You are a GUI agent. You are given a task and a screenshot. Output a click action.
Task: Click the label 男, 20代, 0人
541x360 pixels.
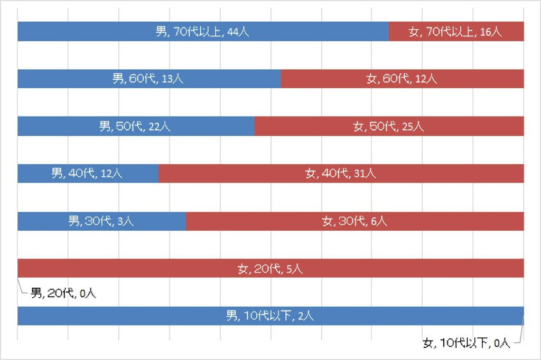pyautogui.click(x=63, y=293)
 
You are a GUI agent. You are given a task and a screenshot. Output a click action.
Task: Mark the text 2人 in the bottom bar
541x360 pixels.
pyautogui.click(x=305, y=316)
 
